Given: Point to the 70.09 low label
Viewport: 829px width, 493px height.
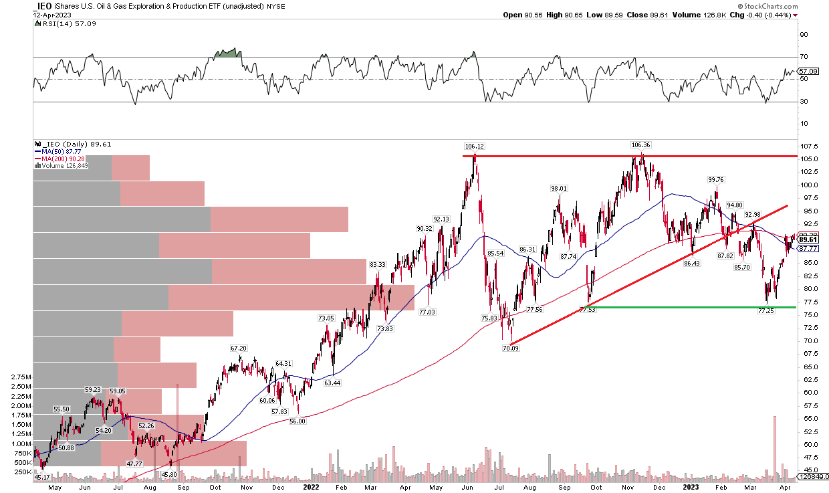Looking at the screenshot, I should coord(511,348).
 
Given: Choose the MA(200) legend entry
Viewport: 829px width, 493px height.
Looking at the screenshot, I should coord(55,158).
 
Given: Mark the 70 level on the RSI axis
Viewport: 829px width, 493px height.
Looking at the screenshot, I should coord(806,57).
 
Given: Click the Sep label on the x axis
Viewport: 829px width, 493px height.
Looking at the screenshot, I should coord(181,487).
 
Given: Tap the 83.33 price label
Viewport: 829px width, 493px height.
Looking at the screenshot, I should coord(378,265).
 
